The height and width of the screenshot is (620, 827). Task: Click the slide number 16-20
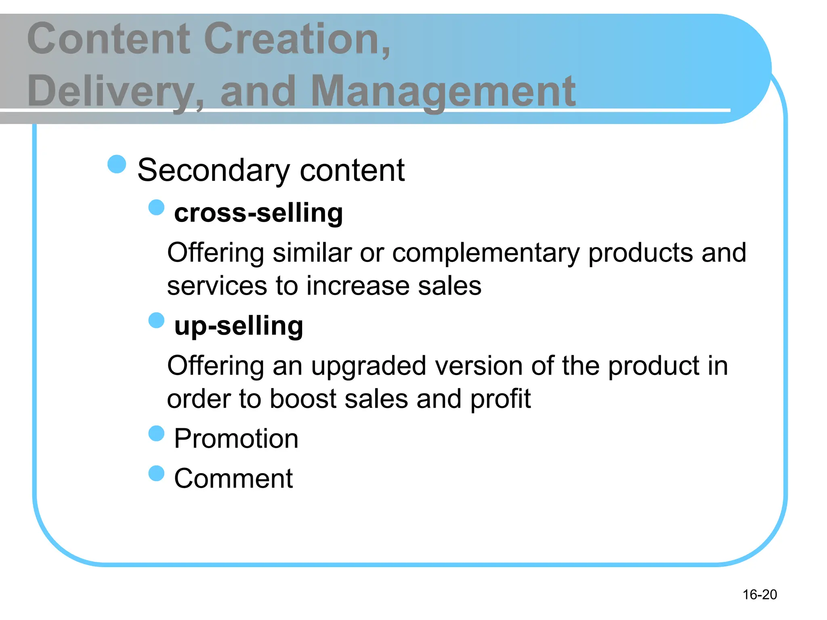(760, 594)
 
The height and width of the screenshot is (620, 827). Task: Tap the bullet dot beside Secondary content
(117, 164)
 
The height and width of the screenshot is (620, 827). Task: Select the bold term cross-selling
(258, 213)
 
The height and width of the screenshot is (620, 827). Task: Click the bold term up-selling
(239, 326)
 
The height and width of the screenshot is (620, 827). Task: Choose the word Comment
(233, 478)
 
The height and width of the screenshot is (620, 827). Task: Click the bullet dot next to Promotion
(156, 434)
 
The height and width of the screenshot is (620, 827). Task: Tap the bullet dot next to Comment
(156, 473)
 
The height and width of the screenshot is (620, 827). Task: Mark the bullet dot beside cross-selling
(156, 207)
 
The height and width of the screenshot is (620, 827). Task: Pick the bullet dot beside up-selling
(156, 320)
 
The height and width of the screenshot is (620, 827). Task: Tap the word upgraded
(368, 367)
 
